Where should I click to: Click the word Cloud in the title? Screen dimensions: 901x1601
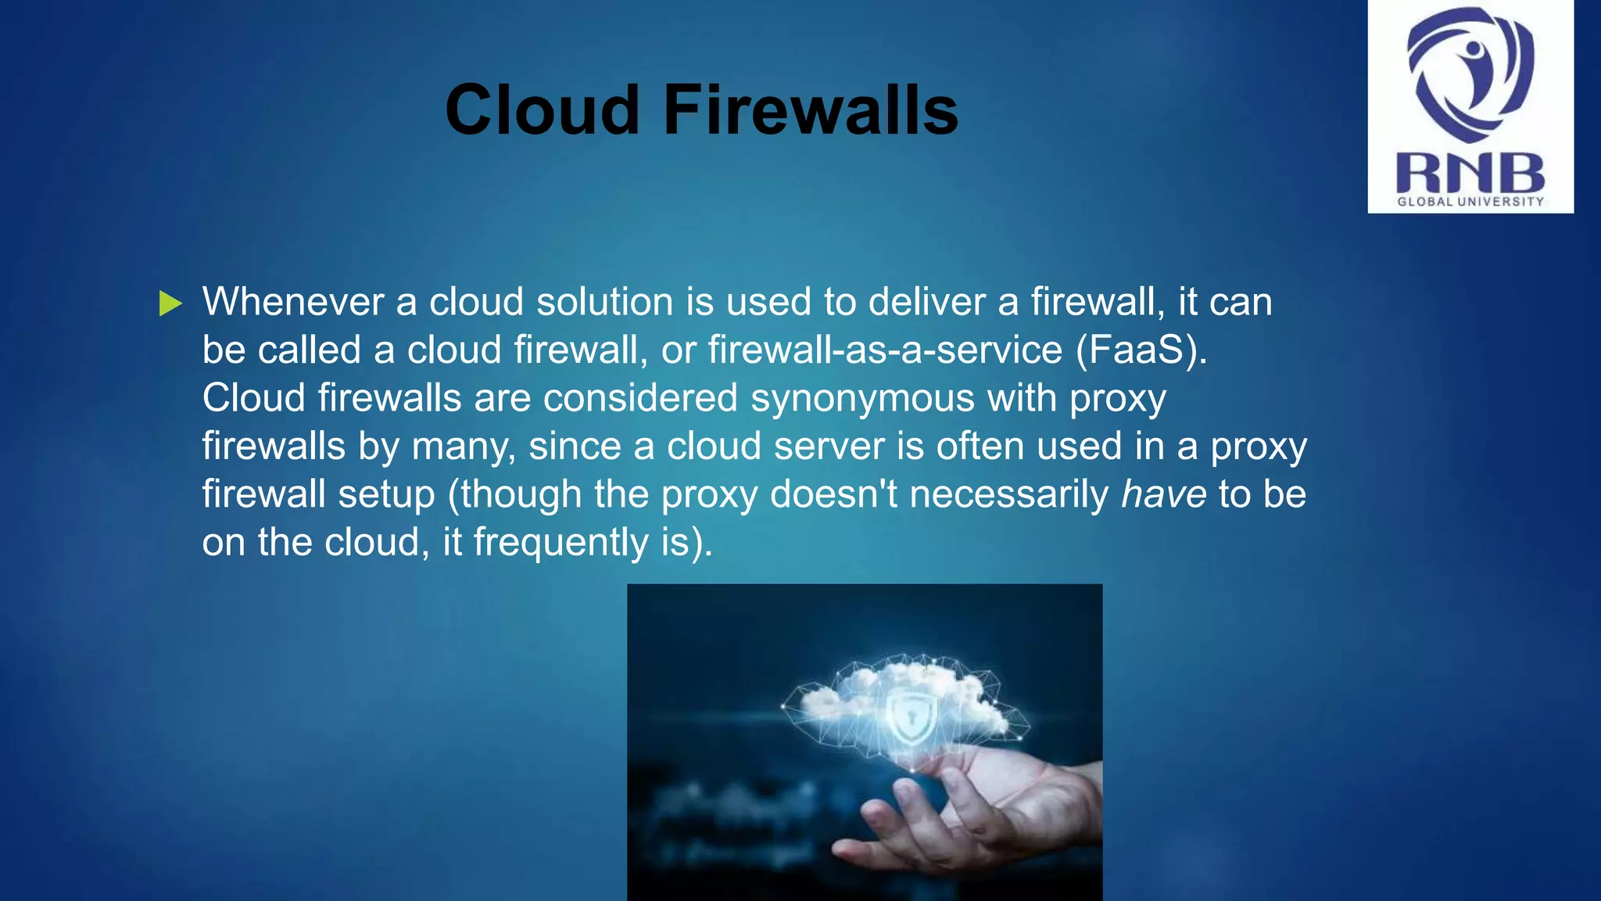543,109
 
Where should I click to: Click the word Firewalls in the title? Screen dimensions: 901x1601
811,109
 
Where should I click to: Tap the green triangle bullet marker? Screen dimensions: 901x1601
170,303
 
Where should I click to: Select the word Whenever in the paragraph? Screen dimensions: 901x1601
292,302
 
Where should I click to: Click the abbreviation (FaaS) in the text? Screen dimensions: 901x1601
1141,350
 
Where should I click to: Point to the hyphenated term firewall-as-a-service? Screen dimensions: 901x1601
885,350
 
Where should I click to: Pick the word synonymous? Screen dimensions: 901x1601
862,398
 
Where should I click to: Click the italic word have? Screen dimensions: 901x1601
1163,494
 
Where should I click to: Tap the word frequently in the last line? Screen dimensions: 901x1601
561,543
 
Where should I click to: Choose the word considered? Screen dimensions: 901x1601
640,398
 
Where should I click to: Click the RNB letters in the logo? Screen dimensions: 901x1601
1470,173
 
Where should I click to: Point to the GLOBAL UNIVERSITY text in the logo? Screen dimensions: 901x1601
1470,202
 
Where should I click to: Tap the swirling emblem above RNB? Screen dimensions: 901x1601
1470,74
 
